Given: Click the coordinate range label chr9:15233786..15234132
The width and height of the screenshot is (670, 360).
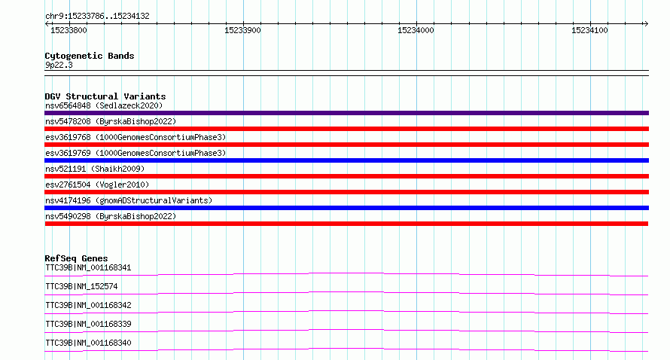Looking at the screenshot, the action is [x=97, y=17].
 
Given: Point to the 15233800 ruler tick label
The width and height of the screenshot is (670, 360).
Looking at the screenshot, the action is [x=69, y=30].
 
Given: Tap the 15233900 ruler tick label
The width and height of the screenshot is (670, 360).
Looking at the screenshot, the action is [x=242, y=30].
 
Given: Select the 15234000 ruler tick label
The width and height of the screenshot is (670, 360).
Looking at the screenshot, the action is [x=416, y=30].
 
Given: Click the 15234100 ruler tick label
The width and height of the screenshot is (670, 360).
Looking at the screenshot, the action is [x=589, y=30].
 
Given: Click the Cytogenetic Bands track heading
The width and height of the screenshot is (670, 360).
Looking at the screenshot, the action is [x=90, y=56].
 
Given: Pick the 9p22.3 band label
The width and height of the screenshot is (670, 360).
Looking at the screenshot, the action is [x=59, y=65].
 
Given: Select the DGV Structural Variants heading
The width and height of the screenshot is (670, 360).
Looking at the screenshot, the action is [x=105, y=96].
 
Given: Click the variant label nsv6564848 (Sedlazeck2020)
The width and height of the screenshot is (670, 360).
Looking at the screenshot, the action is [x=104, y=105].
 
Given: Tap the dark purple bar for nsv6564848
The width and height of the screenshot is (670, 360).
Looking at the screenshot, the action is [x=346, y=113].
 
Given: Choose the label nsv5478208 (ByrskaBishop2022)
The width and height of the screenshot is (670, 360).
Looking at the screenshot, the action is [x=111, y=121].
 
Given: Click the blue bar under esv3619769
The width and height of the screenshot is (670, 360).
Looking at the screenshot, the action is [x=346, y=160].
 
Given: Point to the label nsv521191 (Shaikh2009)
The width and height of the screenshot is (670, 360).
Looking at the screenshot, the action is [x=95, y=169].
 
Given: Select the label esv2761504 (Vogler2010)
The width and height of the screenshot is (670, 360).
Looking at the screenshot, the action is [x=97, y=185].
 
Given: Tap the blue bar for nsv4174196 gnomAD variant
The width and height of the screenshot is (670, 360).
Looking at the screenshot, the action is [x=346, y=208].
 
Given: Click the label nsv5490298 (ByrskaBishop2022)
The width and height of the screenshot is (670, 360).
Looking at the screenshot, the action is [x=111, y=216].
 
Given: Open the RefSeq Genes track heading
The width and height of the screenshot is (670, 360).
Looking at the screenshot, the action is [x=76, y=258].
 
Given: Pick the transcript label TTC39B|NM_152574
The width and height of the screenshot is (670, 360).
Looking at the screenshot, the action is [x=81, y=286].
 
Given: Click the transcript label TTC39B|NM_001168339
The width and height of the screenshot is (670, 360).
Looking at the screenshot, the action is [x=88, y=324].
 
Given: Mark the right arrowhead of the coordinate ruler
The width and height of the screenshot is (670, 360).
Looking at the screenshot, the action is [x=647, y=23].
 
